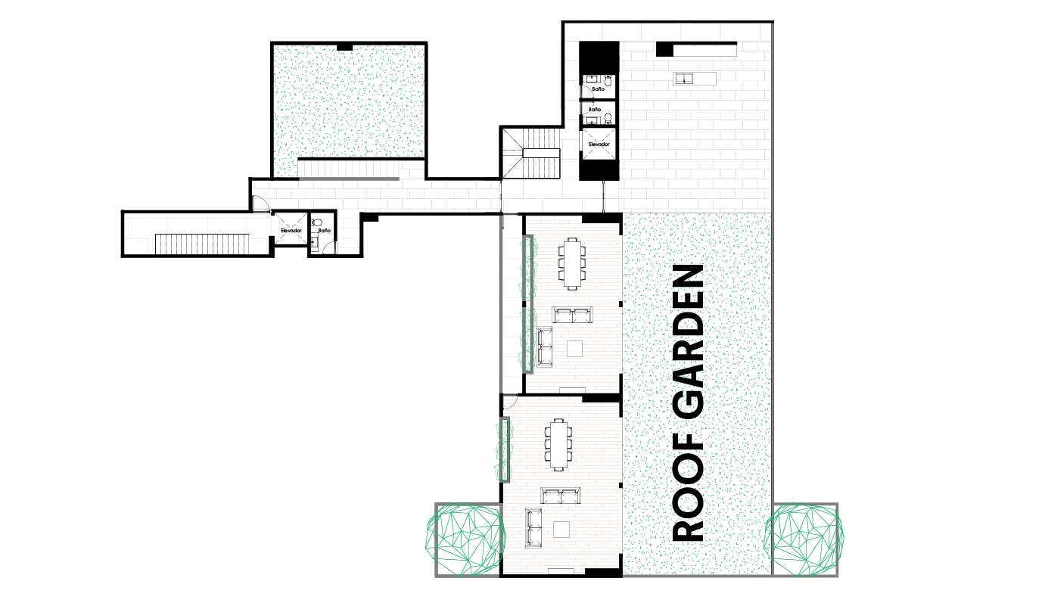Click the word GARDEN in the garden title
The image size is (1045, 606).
(688, 343)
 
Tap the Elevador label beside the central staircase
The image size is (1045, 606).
(599, 145)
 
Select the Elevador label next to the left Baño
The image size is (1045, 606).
(291, 231)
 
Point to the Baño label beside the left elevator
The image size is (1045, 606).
(324, 231)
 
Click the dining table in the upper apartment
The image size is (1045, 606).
(572, 263)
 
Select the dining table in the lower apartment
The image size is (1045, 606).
(558, 445)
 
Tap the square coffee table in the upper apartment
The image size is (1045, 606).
(575, 349)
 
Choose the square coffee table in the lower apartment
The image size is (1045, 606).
(561, 530)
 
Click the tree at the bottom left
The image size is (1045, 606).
(465, 539)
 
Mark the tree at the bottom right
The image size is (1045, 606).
(804, 539)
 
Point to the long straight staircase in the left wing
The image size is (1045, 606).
(202, 244)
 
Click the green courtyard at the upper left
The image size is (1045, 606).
(349, 101)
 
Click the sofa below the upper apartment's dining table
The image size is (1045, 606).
(573, 315)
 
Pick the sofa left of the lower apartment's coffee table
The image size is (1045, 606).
(533, 527)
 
